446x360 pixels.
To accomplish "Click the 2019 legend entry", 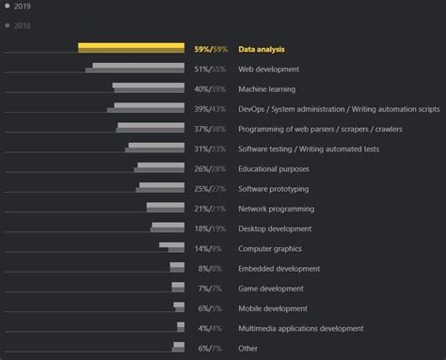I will pyautogui.click(x=22, y=6).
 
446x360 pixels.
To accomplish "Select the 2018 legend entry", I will pyautogui.click(x=22, y=24).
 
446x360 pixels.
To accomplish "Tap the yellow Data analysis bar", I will pyautogui.click(x=131, y=47).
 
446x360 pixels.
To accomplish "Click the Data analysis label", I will pyautogui.click(x=262, y=49).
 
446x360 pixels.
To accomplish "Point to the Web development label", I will pyautogui.click(x=268, y=69).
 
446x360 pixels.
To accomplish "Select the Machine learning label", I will pyautogui.click(x=267, y=89).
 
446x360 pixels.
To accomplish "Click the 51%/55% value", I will pyautogui.click(x=210, y=69).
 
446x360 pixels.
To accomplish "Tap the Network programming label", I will pyautogui.click(x=276, y=209).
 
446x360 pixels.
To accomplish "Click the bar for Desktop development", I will pyautogui.click(x=168, y=227).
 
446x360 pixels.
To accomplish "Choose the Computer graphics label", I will pyautogui.click(x=270, y=248).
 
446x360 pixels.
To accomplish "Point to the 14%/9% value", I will pyautogui.click(x=209, y=248).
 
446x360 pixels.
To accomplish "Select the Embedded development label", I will pyautogui.click(x=279, y=269).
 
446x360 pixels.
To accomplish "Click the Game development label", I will pyautogui.click(x=272, y=289).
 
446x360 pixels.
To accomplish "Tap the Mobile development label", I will pyautogui.click(x=273, y=308).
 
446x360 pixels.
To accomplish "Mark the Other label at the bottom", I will pyautogui.click(x=247, y=348).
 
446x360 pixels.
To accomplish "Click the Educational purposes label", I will pyautogui.click(x=274, y=168).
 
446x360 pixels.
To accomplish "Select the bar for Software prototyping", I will pyautogui.click(x=163, y=188).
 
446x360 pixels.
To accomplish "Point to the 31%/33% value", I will pyautogui.click(x=210, y=149).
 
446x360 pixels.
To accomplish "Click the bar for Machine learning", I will pyautogui.click(x=149, y=88).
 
